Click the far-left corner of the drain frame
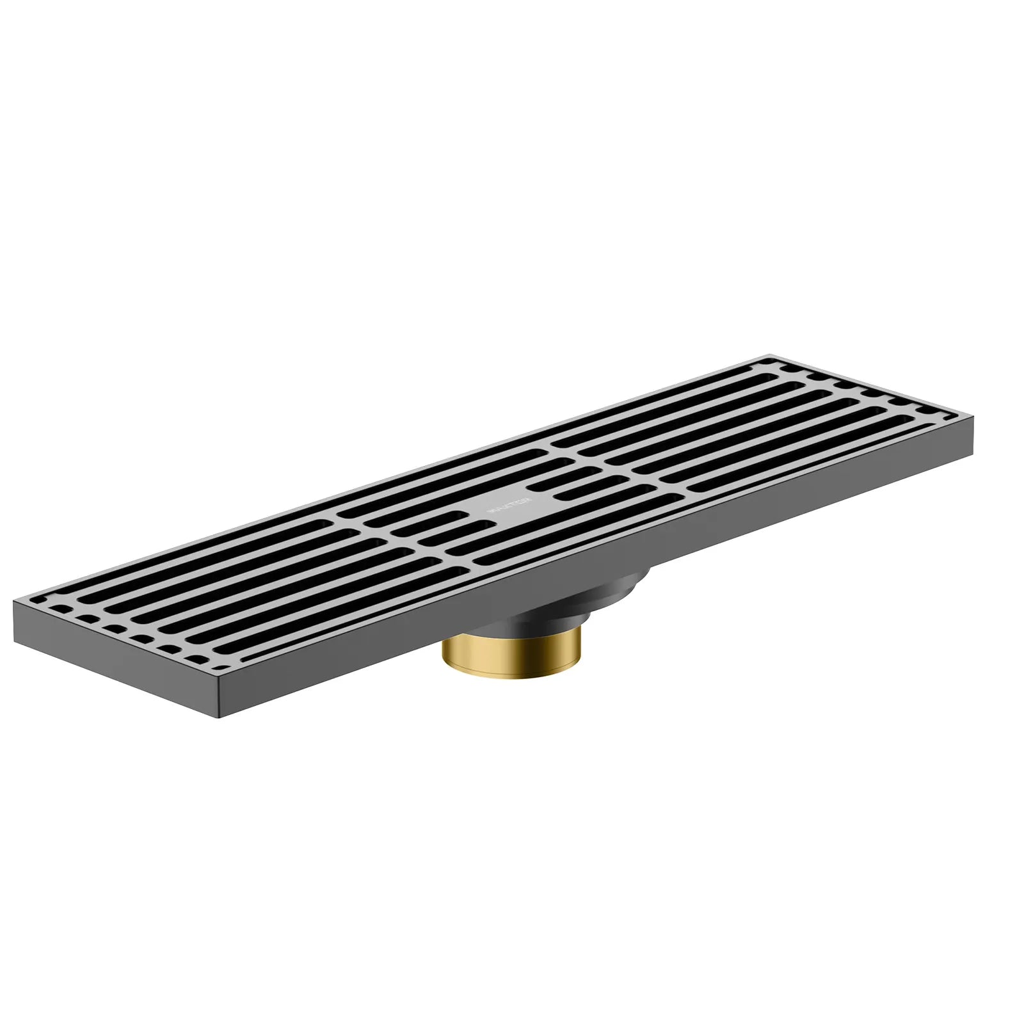pos(14,602)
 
